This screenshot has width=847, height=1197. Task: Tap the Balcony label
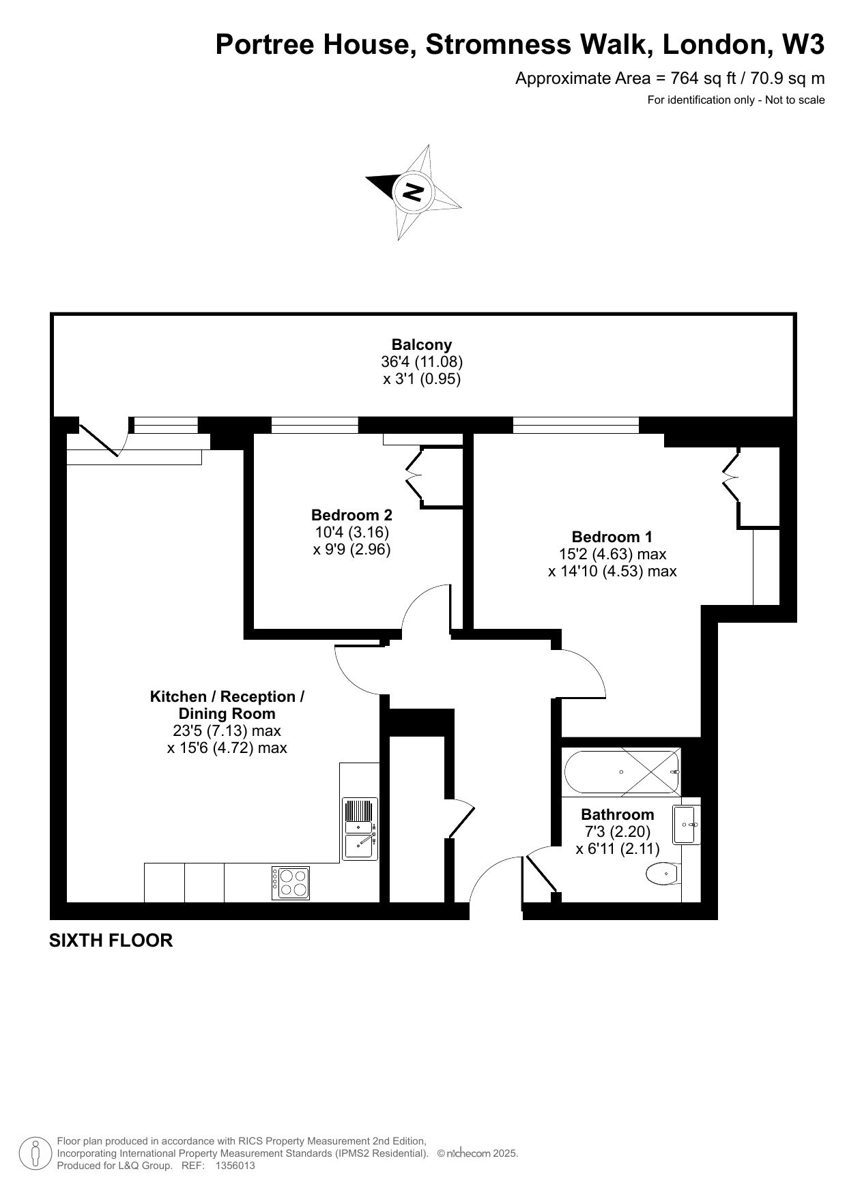point(421,344)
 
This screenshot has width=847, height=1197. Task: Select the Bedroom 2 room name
point(351,514)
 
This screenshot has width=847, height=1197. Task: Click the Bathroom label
point(617,814)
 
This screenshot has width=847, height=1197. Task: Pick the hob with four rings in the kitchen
point(291,883)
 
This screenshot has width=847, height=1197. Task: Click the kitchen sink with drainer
point(360,828)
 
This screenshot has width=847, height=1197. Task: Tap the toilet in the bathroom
point(662,873)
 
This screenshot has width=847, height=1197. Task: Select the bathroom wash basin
point(687,825)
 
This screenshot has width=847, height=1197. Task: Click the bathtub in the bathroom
point(622,772)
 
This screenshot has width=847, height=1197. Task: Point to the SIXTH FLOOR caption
point(111,941)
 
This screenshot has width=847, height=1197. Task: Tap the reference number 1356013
point(235,1166)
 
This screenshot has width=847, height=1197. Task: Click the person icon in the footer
point(35,1153)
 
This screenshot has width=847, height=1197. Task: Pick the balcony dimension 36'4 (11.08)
point(422,361)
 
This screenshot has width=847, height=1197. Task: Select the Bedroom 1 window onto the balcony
point(576,425)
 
